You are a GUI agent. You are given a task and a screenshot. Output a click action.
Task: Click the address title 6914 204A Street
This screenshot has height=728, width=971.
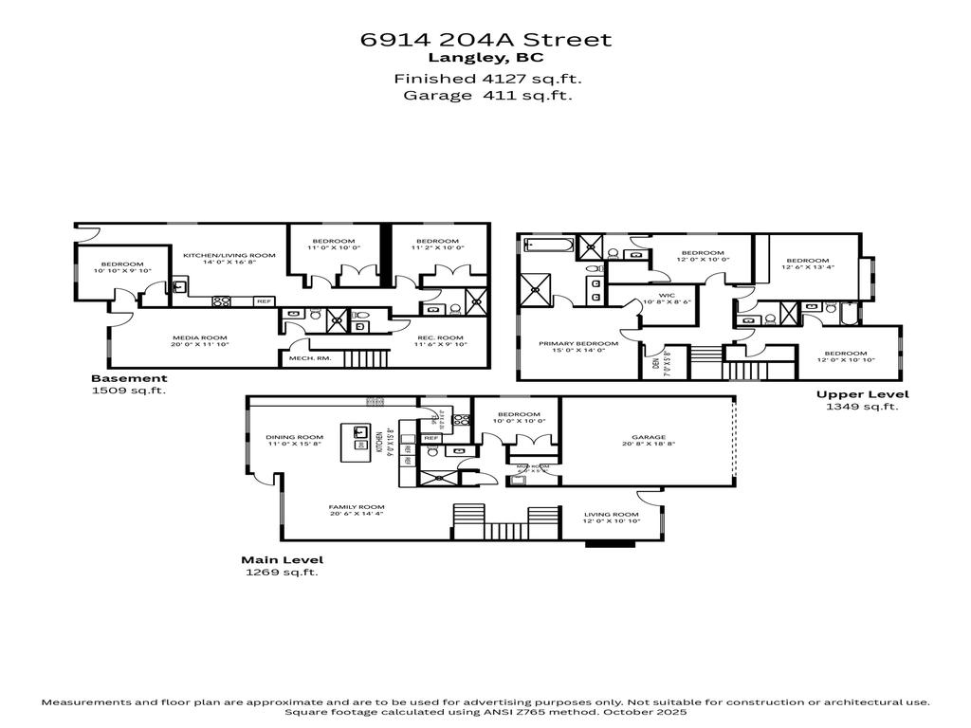tap(485, 40)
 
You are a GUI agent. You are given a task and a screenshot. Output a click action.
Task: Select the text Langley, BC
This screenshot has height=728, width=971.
tap(485, 58)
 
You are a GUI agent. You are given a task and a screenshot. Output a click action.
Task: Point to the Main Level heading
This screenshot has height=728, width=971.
tap(282, 559)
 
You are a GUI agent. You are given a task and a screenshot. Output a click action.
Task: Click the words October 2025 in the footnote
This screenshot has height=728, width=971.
tap(651, 711)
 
